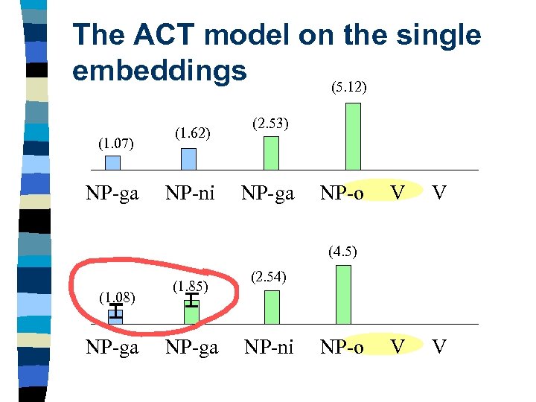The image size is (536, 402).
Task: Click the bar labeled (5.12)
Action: click(353, 136)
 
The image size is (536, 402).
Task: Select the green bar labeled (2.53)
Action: click(272, 153)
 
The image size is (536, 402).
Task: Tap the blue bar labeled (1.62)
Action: click(189, 159)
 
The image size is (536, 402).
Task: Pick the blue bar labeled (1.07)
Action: click(112, 162)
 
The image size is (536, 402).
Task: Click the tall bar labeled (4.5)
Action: click(343, 294)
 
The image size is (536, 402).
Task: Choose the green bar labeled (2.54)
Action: click(272, 307)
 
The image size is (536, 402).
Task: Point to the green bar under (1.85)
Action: click(191, 312)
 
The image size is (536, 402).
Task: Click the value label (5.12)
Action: click(348, 87)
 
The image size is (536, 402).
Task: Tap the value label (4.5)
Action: click(343, 251)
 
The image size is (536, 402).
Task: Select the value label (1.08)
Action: click(115, 298)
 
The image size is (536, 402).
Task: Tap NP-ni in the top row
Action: click(190, 194)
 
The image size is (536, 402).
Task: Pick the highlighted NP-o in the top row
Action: click(342, 194)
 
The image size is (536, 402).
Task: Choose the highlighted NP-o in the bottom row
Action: click(342, 347)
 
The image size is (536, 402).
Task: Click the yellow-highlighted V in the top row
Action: click(398, 194)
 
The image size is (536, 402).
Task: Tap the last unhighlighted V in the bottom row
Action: click(440, 347)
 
